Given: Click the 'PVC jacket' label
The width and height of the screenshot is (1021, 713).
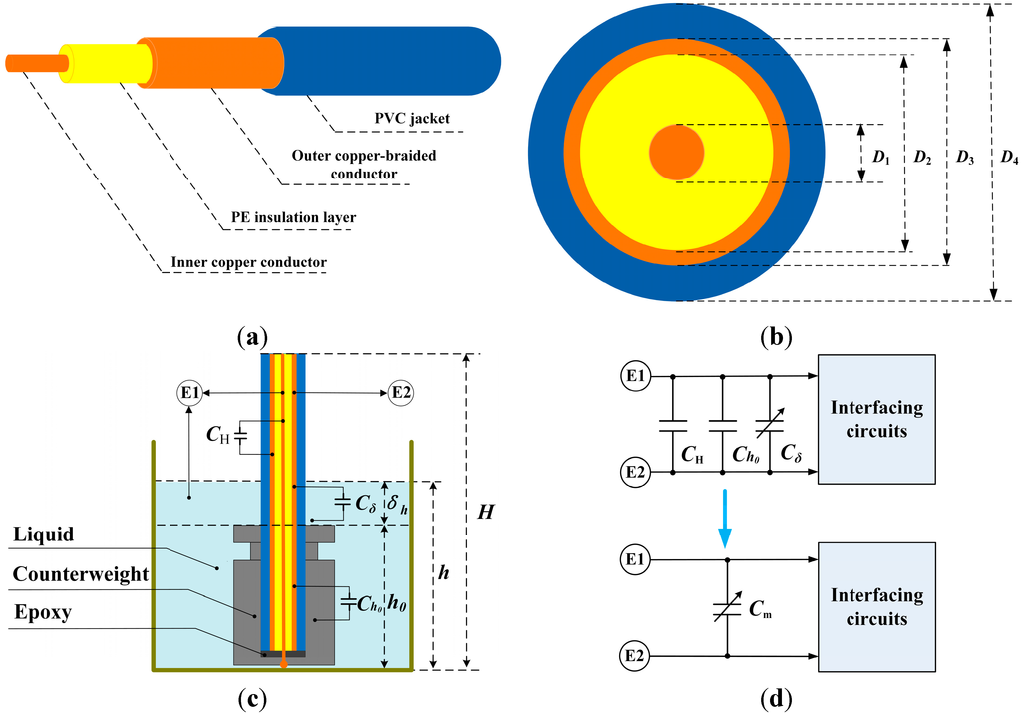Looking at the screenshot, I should [x=404, y=119].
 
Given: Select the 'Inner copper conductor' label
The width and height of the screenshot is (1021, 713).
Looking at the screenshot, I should [x=248, y=264].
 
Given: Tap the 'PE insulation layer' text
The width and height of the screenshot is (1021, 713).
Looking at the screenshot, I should [x=287, y=217].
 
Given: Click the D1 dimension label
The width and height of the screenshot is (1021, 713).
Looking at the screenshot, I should [x=880, y=157].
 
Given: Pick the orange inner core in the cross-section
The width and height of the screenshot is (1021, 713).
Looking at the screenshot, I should [x=677, y=153].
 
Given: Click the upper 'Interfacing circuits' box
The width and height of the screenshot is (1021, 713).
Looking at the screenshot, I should [x=875, y=418].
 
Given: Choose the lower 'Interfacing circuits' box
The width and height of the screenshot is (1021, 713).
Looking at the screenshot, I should [x=875, y=607].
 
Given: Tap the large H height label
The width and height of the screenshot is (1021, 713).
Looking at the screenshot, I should [x=484, y=512].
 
